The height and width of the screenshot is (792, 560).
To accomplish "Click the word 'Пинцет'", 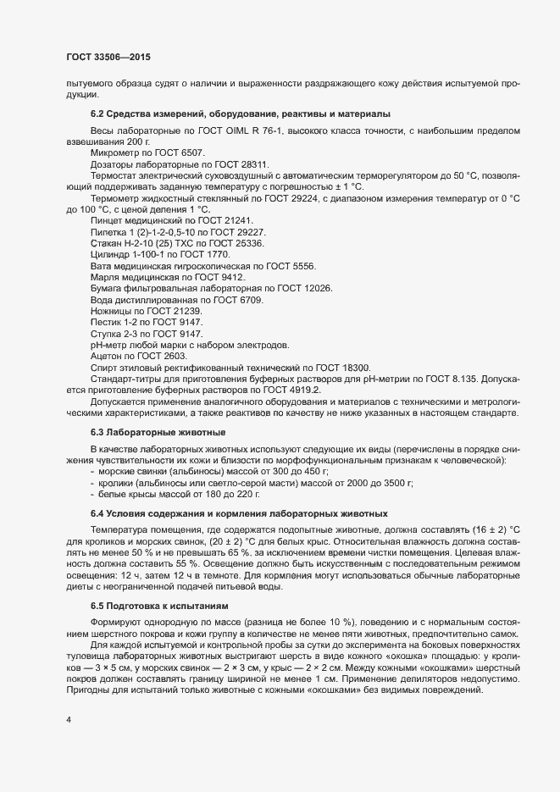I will pos(107,220).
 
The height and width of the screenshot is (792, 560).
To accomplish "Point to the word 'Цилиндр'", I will pos(109,255).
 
